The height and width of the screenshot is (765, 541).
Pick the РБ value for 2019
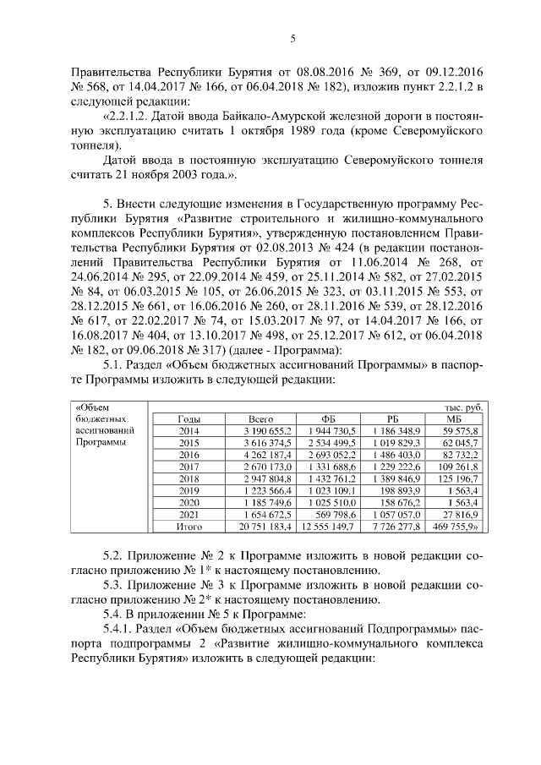tap(391, 489)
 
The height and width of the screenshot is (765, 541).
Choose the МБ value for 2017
tap(461, 466)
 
